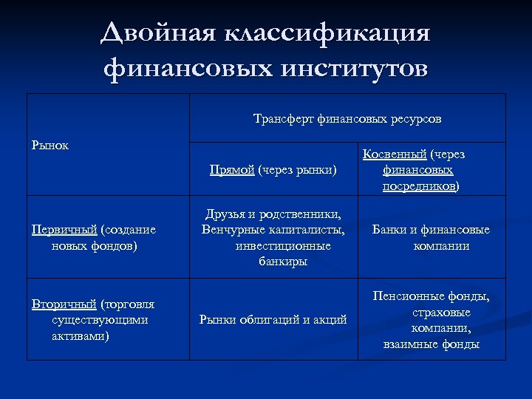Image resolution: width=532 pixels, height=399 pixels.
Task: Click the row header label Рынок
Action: (x=50, y=145)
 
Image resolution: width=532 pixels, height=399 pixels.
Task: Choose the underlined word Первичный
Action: (x=64, y=229)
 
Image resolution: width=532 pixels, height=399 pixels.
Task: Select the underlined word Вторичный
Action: (x=64, y=304)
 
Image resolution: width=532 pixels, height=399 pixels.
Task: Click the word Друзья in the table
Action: (x=228, y=214)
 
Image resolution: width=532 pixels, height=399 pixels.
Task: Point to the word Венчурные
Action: (x=233, y=230)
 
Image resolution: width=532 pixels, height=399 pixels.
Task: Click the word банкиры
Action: (x=283, y=262)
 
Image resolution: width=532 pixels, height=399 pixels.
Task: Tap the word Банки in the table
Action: (x=389, y=230)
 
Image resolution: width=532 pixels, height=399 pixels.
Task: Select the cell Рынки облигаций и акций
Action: (x=273, y=320)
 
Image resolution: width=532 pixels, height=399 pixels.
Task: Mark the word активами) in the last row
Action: (x=80, y=336)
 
